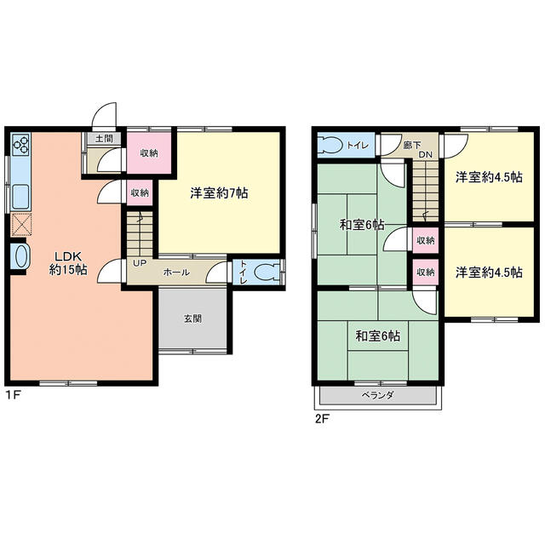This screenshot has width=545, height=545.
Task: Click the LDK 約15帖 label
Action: tap(68, 263)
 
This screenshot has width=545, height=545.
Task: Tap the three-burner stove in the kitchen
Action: tap(20, 145)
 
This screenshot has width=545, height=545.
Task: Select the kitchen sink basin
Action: tap(20, 197)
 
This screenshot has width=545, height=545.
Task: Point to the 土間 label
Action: tap(104, 139)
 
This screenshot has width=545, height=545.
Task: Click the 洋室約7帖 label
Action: tap(219, 193)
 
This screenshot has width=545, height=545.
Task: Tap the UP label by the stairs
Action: tap(140, 263)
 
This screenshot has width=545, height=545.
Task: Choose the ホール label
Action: tap(176, 272)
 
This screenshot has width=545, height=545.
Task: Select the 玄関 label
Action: tap(193, 318)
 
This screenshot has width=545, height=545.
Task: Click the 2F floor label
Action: tap(322, 419)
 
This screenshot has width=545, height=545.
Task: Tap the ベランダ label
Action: tap(377, 395)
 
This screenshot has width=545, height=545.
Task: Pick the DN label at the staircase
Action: tap(425, 155)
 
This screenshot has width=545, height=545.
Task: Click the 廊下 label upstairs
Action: tap(412, 145)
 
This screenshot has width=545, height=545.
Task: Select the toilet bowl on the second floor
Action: tap(330, 145)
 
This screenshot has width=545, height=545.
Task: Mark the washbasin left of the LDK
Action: tap(20, 256)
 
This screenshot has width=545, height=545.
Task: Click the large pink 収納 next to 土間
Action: tap(149, 153)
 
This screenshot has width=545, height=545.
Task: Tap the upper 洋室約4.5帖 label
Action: tap(489, 177)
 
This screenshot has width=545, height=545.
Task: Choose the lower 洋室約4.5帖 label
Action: tap(489, 272)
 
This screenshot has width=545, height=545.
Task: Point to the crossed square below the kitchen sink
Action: tap(21, 225)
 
